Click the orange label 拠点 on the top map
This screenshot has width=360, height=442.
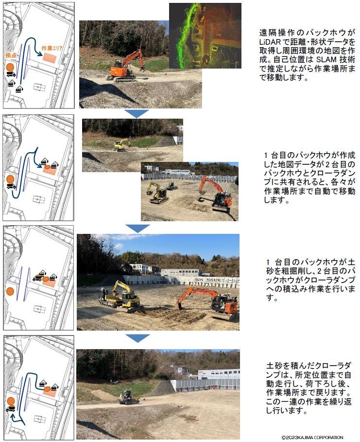(11, 55)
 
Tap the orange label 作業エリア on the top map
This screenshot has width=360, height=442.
(52, 48)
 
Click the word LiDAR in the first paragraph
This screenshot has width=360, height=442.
(270, 42)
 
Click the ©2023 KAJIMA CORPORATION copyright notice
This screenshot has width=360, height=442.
(312, 437)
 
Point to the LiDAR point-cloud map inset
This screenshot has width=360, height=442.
(205, 35)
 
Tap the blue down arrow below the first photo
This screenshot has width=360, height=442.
(137, 114)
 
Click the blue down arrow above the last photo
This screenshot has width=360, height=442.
(137, 338)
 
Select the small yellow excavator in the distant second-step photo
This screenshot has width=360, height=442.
(121, 144)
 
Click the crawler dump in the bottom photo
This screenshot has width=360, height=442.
(128, 397)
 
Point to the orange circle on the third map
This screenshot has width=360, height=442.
(10, 291)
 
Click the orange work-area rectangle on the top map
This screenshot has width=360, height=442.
(50, 58)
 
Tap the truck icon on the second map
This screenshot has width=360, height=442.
(11, 186)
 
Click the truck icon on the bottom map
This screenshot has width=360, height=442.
(10, 409)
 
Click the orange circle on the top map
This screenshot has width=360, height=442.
(10, 67)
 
